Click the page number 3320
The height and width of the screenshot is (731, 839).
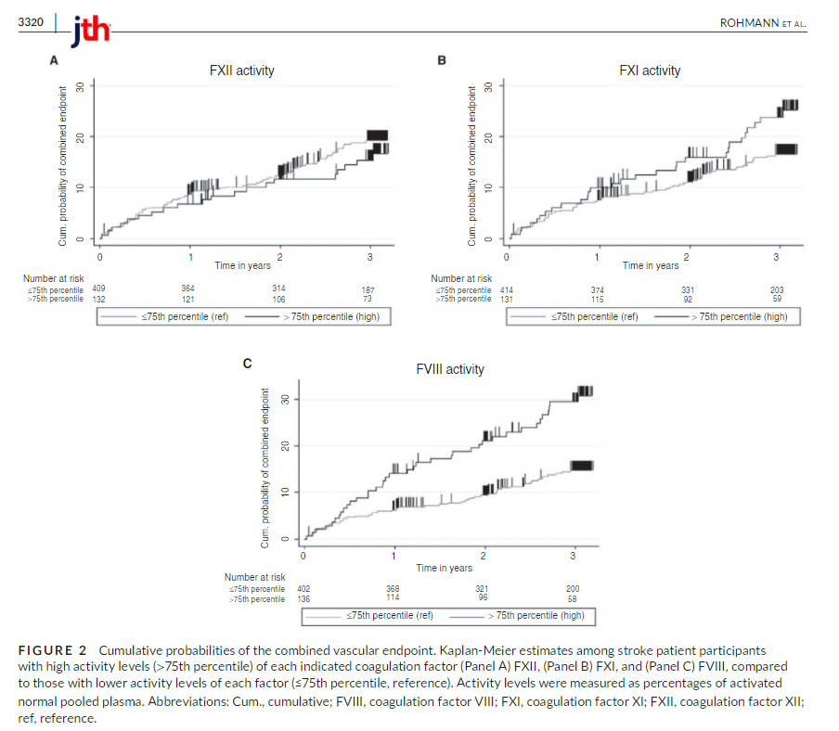pyautogui.click(x=32, y=21)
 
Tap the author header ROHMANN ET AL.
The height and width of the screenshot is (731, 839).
pyautogui.click(x=763, y=22)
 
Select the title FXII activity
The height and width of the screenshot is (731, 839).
pyautogui.click(x=241, y=71)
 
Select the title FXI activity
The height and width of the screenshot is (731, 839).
pyautogui.click(x=650, y=71)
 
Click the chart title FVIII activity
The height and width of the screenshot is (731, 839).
pyautogui.click(x=449, y=369)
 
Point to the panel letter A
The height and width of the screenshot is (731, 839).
pyautogui.click(x=54, y=61)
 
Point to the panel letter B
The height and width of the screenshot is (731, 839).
pyautogui.click(x=442, y=61)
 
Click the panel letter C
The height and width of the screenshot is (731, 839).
pyautogui.click(x=247, y=363)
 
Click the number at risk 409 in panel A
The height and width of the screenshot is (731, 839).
pyautogui.click(x=98, y=289)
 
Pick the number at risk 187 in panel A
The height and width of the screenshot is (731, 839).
pyautogui.click(x=368, y=290)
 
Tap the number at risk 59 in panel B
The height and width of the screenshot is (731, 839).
pyautogui.click(x=777, y=299)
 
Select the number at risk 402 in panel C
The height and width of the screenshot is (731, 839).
pyautogui.click(x=303, y=588)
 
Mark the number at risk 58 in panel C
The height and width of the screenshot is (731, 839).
pyautogui.click(x=573, y=597)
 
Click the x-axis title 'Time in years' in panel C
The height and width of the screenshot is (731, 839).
pyautogui.click(x=444, y=568)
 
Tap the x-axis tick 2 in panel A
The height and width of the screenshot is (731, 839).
pyautogui.click(x=281, y=256)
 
